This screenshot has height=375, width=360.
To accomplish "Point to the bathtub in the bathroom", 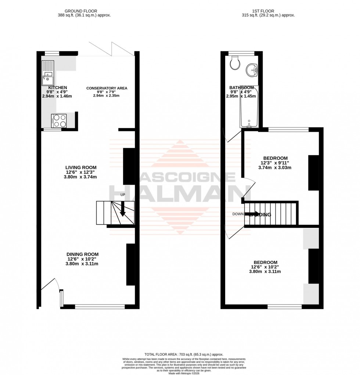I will point(249,107).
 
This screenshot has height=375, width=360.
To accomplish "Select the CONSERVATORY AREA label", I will point(107,88).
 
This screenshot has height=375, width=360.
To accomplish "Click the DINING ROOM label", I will point(82,254).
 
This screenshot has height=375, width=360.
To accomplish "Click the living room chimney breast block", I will point(129,166).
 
